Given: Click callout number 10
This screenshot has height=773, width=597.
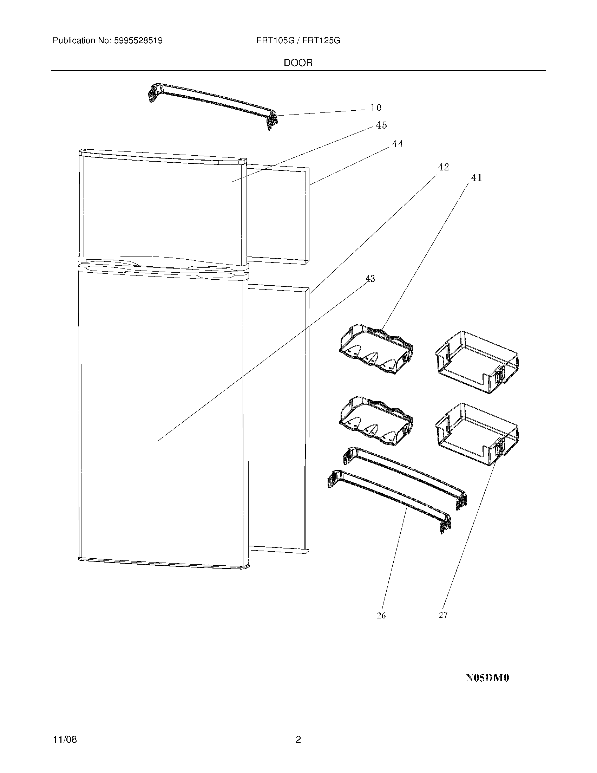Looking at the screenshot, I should (x=376, y=108).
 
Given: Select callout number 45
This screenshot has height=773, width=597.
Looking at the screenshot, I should (x=381, y=125).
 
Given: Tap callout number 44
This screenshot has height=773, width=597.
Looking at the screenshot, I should (x=398, y=144).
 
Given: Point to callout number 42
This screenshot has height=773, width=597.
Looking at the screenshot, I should (x=443, y=167).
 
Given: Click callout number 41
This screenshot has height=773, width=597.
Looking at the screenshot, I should (x=477, y=178).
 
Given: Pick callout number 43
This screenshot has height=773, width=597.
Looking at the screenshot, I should (x=370, y=279).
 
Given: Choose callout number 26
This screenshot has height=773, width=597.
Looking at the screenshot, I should (x=381, y=616).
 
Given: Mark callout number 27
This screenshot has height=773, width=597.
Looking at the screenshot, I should (x=443, y=615).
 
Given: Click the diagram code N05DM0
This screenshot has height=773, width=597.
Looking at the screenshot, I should (x=487, y=678).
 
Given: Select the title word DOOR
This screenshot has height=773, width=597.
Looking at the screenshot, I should (x=298, y=63).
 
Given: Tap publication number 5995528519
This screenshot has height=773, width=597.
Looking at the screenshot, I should (x=138, y=41).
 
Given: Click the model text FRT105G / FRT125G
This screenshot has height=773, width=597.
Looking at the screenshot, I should (x=298, y=41).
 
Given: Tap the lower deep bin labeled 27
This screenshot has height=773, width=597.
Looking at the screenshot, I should (x=478, y=434).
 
